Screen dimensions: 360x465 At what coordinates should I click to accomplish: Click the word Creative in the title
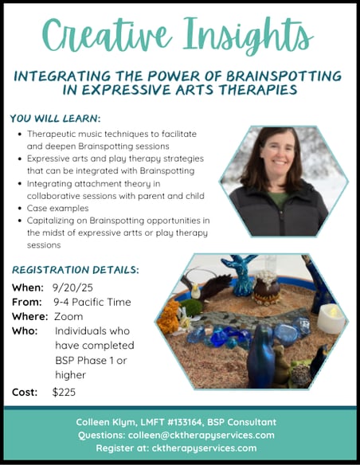click(108, 36)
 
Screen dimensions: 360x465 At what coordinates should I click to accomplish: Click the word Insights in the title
click(248, 36)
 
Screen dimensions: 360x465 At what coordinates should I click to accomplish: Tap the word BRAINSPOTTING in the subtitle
click(284, 76)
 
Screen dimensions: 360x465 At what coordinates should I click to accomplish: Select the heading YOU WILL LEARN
click(55, 119)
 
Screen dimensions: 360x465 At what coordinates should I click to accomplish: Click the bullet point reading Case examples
click(58, 208)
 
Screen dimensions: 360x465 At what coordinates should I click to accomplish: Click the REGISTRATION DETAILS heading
click(76, 270)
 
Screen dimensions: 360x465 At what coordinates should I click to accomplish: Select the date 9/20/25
click(72, 287)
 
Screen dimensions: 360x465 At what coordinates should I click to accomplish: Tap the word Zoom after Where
click(68, 316)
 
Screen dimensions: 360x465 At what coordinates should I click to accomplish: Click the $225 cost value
click(64, 392)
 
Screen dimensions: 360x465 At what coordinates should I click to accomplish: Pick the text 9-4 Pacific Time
click(92, 303)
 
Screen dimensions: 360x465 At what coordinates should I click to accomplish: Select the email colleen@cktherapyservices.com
click(202, 436)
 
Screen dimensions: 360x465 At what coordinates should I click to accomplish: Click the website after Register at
click(205, 448)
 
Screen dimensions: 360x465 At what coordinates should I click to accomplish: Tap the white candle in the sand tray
click(331, 318)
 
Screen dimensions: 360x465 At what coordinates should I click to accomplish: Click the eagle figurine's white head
click(195, 291)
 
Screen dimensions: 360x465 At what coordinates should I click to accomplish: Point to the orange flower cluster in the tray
click(168, 317)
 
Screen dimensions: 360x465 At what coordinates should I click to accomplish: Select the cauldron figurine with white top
click(267, 287)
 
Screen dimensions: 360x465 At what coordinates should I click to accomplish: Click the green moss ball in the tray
click(191, 307)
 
